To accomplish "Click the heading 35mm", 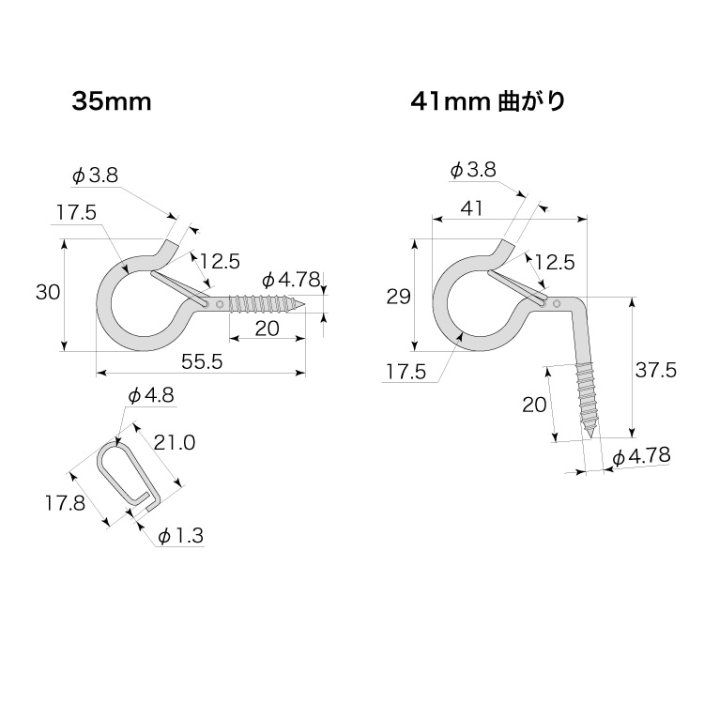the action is coord(112,102).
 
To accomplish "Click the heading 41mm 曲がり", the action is coord(487,102).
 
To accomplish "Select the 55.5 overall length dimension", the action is coord(202,362).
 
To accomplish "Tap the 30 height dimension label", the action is coord(48,293).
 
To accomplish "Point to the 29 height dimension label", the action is coord(398,297).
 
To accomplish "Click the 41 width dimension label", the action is coord(471,208).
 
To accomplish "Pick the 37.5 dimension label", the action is coord(655,371).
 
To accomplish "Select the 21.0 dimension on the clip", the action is coord(175,443).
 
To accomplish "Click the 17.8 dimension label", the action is coord(65,503).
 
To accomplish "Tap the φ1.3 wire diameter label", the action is coord(181,536).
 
